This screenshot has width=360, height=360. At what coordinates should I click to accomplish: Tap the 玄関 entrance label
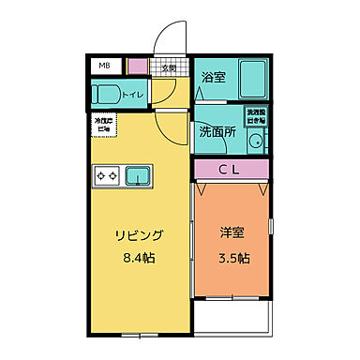pyautogui.click(x=170, y=67)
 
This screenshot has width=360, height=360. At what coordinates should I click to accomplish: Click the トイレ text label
pyautogui.click(x=133, y=95)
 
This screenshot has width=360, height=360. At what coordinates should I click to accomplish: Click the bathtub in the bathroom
pyautogui.click(x=248, y=78)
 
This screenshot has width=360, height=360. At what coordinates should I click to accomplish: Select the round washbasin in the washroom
pyautogui.click(x=255, y=142)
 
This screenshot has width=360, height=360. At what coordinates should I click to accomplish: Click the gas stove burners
pyautogui.click(x=105, y=174)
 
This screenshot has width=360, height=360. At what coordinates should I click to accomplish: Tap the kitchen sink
pyautogui.click(x=139, y=174)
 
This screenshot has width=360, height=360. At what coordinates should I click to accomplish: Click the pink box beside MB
pyautogui.click(x=137, y=67)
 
